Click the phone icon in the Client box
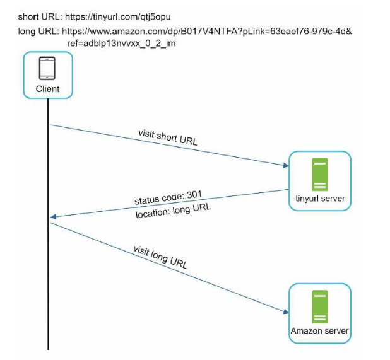pos(47,68)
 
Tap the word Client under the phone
pos(47,89)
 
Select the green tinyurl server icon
pos(320,175)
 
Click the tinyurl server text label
pos(320,199)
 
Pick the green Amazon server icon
pos(320,306)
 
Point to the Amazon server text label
pos(319,331)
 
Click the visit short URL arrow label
pos(168,137)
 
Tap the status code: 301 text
pos(168,197)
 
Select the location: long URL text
pos(174,211)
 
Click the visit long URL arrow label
pos(160,257)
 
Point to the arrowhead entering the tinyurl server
pos(286,165)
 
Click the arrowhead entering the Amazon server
pos(286,311)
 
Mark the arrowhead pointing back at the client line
pos(53,217)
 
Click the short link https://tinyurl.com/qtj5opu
pos(118,17)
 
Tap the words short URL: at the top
pos(40,17)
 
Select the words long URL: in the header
pos(38,32)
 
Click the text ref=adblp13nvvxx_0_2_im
pos(121,44)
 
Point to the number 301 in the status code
pos(194,194)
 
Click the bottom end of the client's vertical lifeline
pos(48,349)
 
